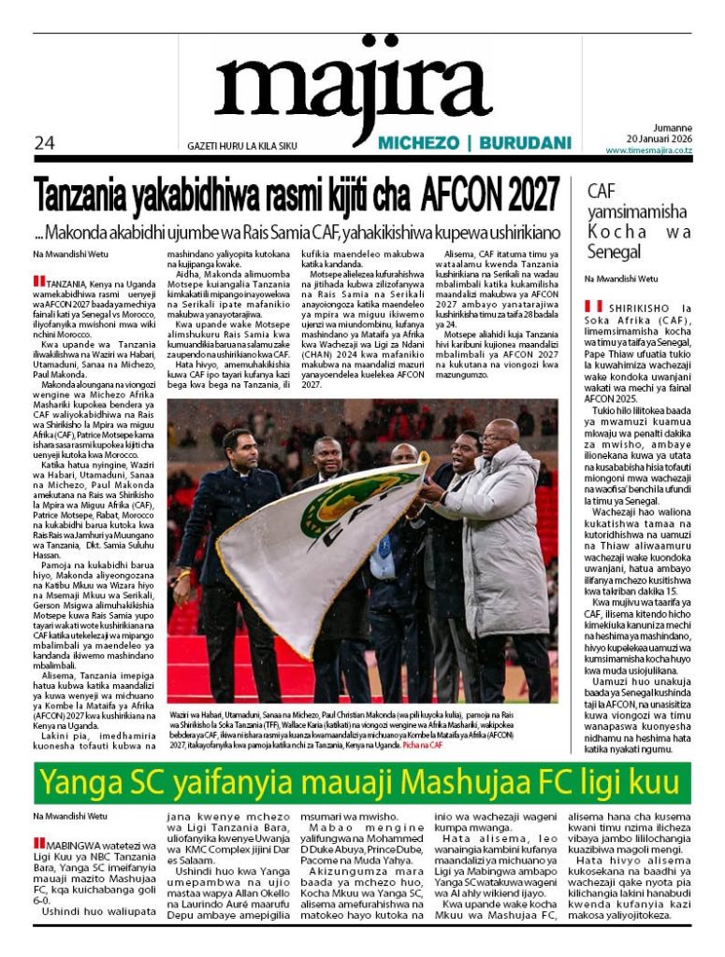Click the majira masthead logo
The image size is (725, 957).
pos(353,90)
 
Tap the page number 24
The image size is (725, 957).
pos(44,143)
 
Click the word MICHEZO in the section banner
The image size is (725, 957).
pos(419,143)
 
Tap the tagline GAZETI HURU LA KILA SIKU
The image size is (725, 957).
pos(242,146)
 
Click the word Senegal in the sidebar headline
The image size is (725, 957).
pos(614,251)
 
